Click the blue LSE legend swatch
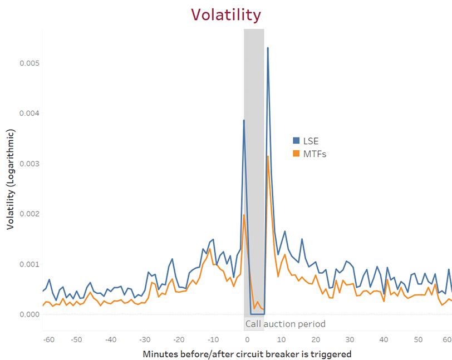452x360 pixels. (297, 141)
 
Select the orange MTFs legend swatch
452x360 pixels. (297, 154)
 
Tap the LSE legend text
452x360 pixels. (311, 141)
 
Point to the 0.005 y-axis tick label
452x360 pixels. (30, 63)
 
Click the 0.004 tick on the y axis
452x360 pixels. (30, 114)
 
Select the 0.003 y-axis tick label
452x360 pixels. (30, 164)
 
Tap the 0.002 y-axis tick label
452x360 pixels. (30, 214)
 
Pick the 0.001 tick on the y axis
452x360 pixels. (30, 264)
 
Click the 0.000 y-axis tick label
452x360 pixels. (30, 314)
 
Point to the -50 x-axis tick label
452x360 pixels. (76, 339)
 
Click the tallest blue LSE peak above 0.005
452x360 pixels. (268, 48)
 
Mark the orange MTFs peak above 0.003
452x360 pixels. (268, 156)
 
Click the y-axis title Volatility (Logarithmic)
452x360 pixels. (11, 179)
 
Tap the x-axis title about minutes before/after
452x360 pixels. (247, 353)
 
